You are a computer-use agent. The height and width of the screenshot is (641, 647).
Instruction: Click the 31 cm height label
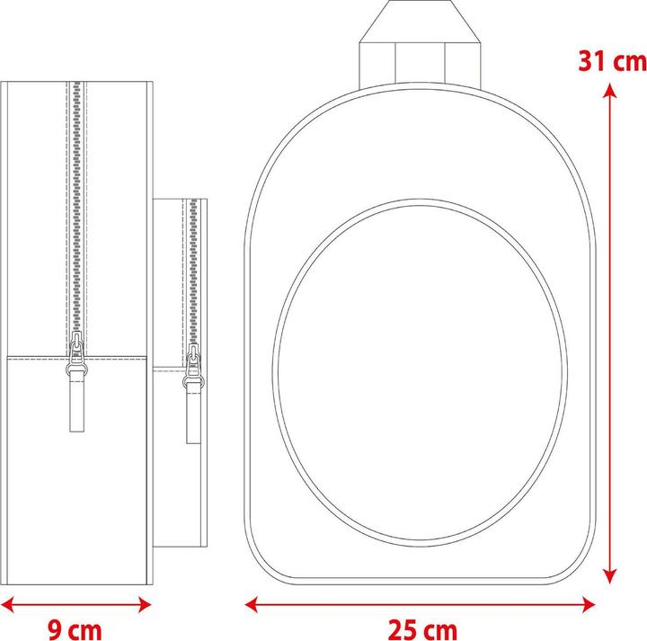[x=612, y=61]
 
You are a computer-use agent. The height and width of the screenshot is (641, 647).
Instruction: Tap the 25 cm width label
[x=422, y=630]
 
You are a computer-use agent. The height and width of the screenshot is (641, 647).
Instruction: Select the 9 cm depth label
[x=75, y=630]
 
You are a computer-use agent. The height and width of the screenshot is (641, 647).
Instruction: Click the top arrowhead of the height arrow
[x=609, y=90]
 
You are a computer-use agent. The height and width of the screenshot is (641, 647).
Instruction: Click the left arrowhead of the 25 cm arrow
[x=253, y=605]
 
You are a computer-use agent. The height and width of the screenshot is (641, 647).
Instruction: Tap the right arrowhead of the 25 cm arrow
[x=587, y=605]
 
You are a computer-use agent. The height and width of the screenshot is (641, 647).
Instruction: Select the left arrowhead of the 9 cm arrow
[x=8, y=605]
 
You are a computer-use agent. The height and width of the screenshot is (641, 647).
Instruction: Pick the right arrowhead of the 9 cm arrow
[x=143, y=605]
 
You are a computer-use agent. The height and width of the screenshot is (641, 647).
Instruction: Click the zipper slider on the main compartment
[x=76, y=353]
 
